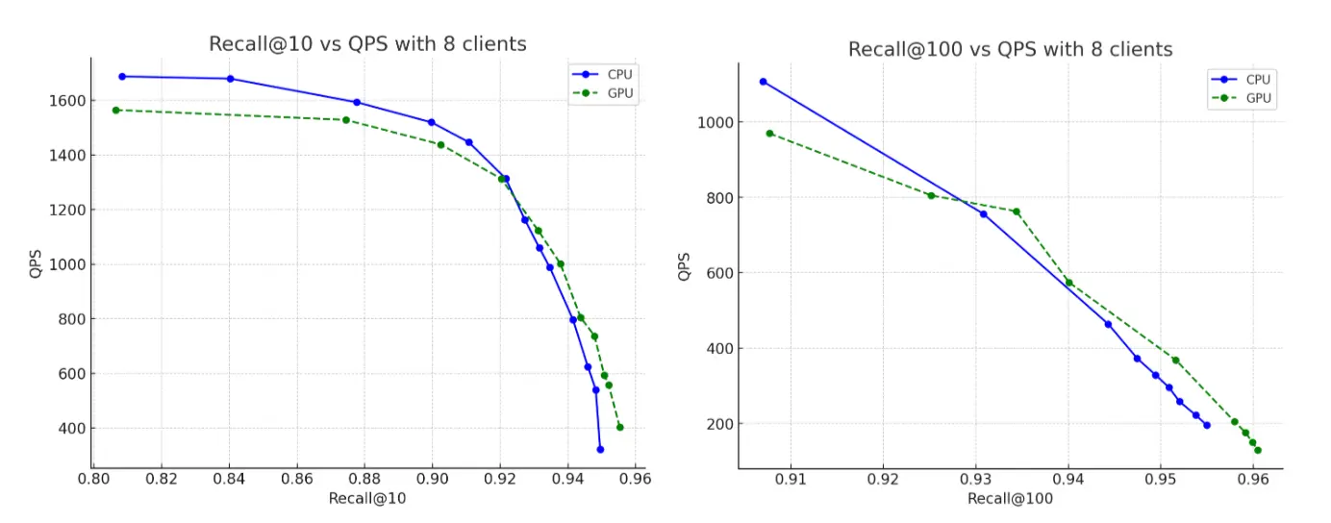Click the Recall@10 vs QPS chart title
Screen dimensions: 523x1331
pyautogui.click(x=367, y=44)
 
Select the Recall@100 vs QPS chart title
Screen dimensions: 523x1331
pyautogui.click(x=1010, y=49)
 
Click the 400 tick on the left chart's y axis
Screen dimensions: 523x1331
pyautogui.click(x=71, y=429)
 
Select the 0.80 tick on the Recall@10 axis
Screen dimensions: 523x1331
pyautogui.click(x=93, y=478)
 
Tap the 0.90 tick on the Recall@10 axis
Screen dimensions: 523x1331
pyautogui.click(x=432, y=478)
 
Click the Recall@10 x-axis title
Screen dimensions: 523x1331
pyautogui.click(x=367, y=498)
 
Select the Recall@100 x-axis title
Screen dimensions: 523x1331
pyautogui.click(x=1010, y=498)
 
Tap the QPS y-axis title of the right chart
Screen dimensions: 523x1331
pyautogui.click(x=685, y=266)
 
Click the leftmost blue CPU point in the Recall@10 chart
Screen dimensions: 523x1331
pyautogui.click(x=122, y=77)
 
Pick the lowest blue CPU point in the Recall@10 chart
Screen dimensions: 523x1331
pyautogui.click(x=600, y=449)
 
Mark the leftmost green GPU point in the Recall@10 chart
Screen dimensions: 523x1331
pyautogui.click(x=115, y=111)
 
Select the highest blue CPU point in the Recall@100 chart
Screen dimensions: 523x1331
pyautogui.click(x=764, y=82)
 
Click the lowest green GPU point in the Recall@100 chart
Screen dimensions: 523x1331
pyautogui.click(x=1258, y=450)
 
